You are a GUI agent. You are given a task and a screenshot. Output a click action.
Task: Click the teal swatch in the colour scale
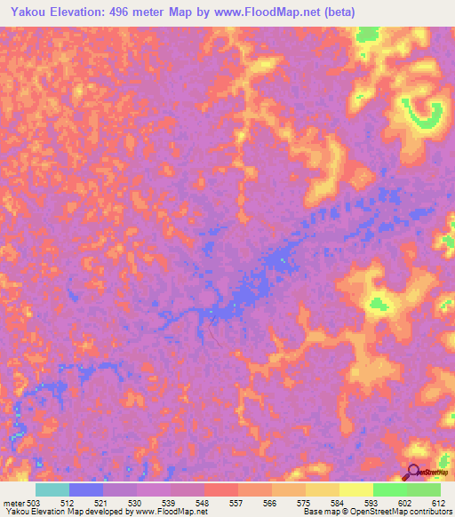tap(52, 489)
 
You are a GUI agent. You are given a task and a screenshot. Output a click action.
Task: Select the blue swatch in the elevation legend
tap(86, 489)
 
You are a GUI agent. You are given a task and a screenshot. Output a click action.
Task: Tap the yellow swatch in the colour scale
tap(356, 489)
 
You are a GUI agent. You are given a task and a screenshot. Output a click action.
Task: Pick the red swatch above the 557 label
tap(221, 489)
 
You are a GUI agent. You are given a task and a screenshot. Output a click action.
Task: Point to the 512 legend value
tap(78, 503)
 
